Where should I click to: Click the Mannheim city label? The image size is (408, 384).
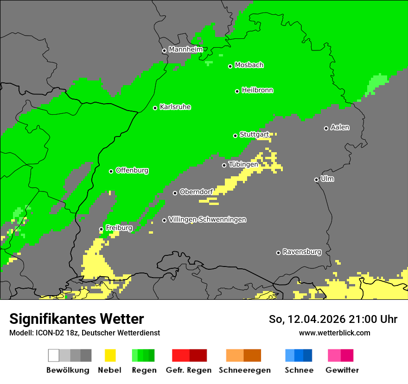(185, 50)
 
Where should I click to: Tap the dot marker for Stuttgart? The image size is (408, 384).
(235, 136)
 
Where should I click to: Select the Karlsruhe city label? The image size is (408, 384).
(175, 107)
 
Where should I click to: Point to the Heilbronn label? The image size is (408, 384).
(257, 90)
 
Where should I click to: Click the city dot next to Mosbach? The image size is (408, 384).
(230, 66)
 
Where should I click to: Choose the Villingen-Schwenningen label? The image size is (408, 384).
(207, 219)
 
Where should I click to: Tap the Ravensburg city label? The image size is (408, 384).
(302, 252)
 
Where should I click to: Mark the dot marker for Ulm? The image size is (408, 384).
(316, 180)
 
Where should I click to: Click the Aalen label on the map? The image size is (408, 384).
(340, 127)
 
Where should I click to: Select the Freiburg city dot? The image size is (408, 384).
(101, 229)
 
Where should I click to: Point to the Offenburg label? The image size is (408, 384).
(132, 170)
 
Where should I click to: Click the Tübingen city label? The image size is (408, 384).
(243, 164)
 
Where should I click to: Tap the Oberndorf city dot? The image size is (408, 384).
(175, 193)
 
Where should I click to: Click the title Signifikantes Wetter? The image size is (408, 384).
(76, 319)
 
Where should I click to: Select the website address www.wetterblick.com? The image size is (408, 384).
(334, 333)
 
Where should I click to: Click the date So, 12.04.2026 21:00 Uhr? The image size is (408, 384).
(333, 319)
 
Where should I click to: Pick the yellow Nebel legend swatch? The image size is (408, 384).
(110, 355)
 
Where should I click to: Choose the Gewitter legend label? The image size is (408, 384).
(342, 370)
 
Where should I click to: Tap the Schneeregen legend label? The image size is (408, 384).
(244, 370)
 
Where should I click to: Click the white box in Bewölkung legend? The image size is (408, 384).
(53, 355)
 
